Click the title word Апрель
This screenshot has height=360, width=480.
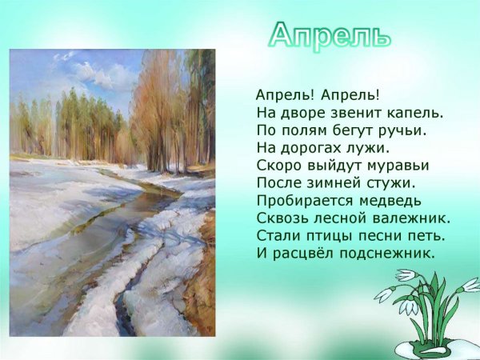pyautogui.click(x=330, y=34)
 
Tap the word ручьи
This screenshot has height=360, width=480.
pyautogui.click(x=404, y=130)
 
